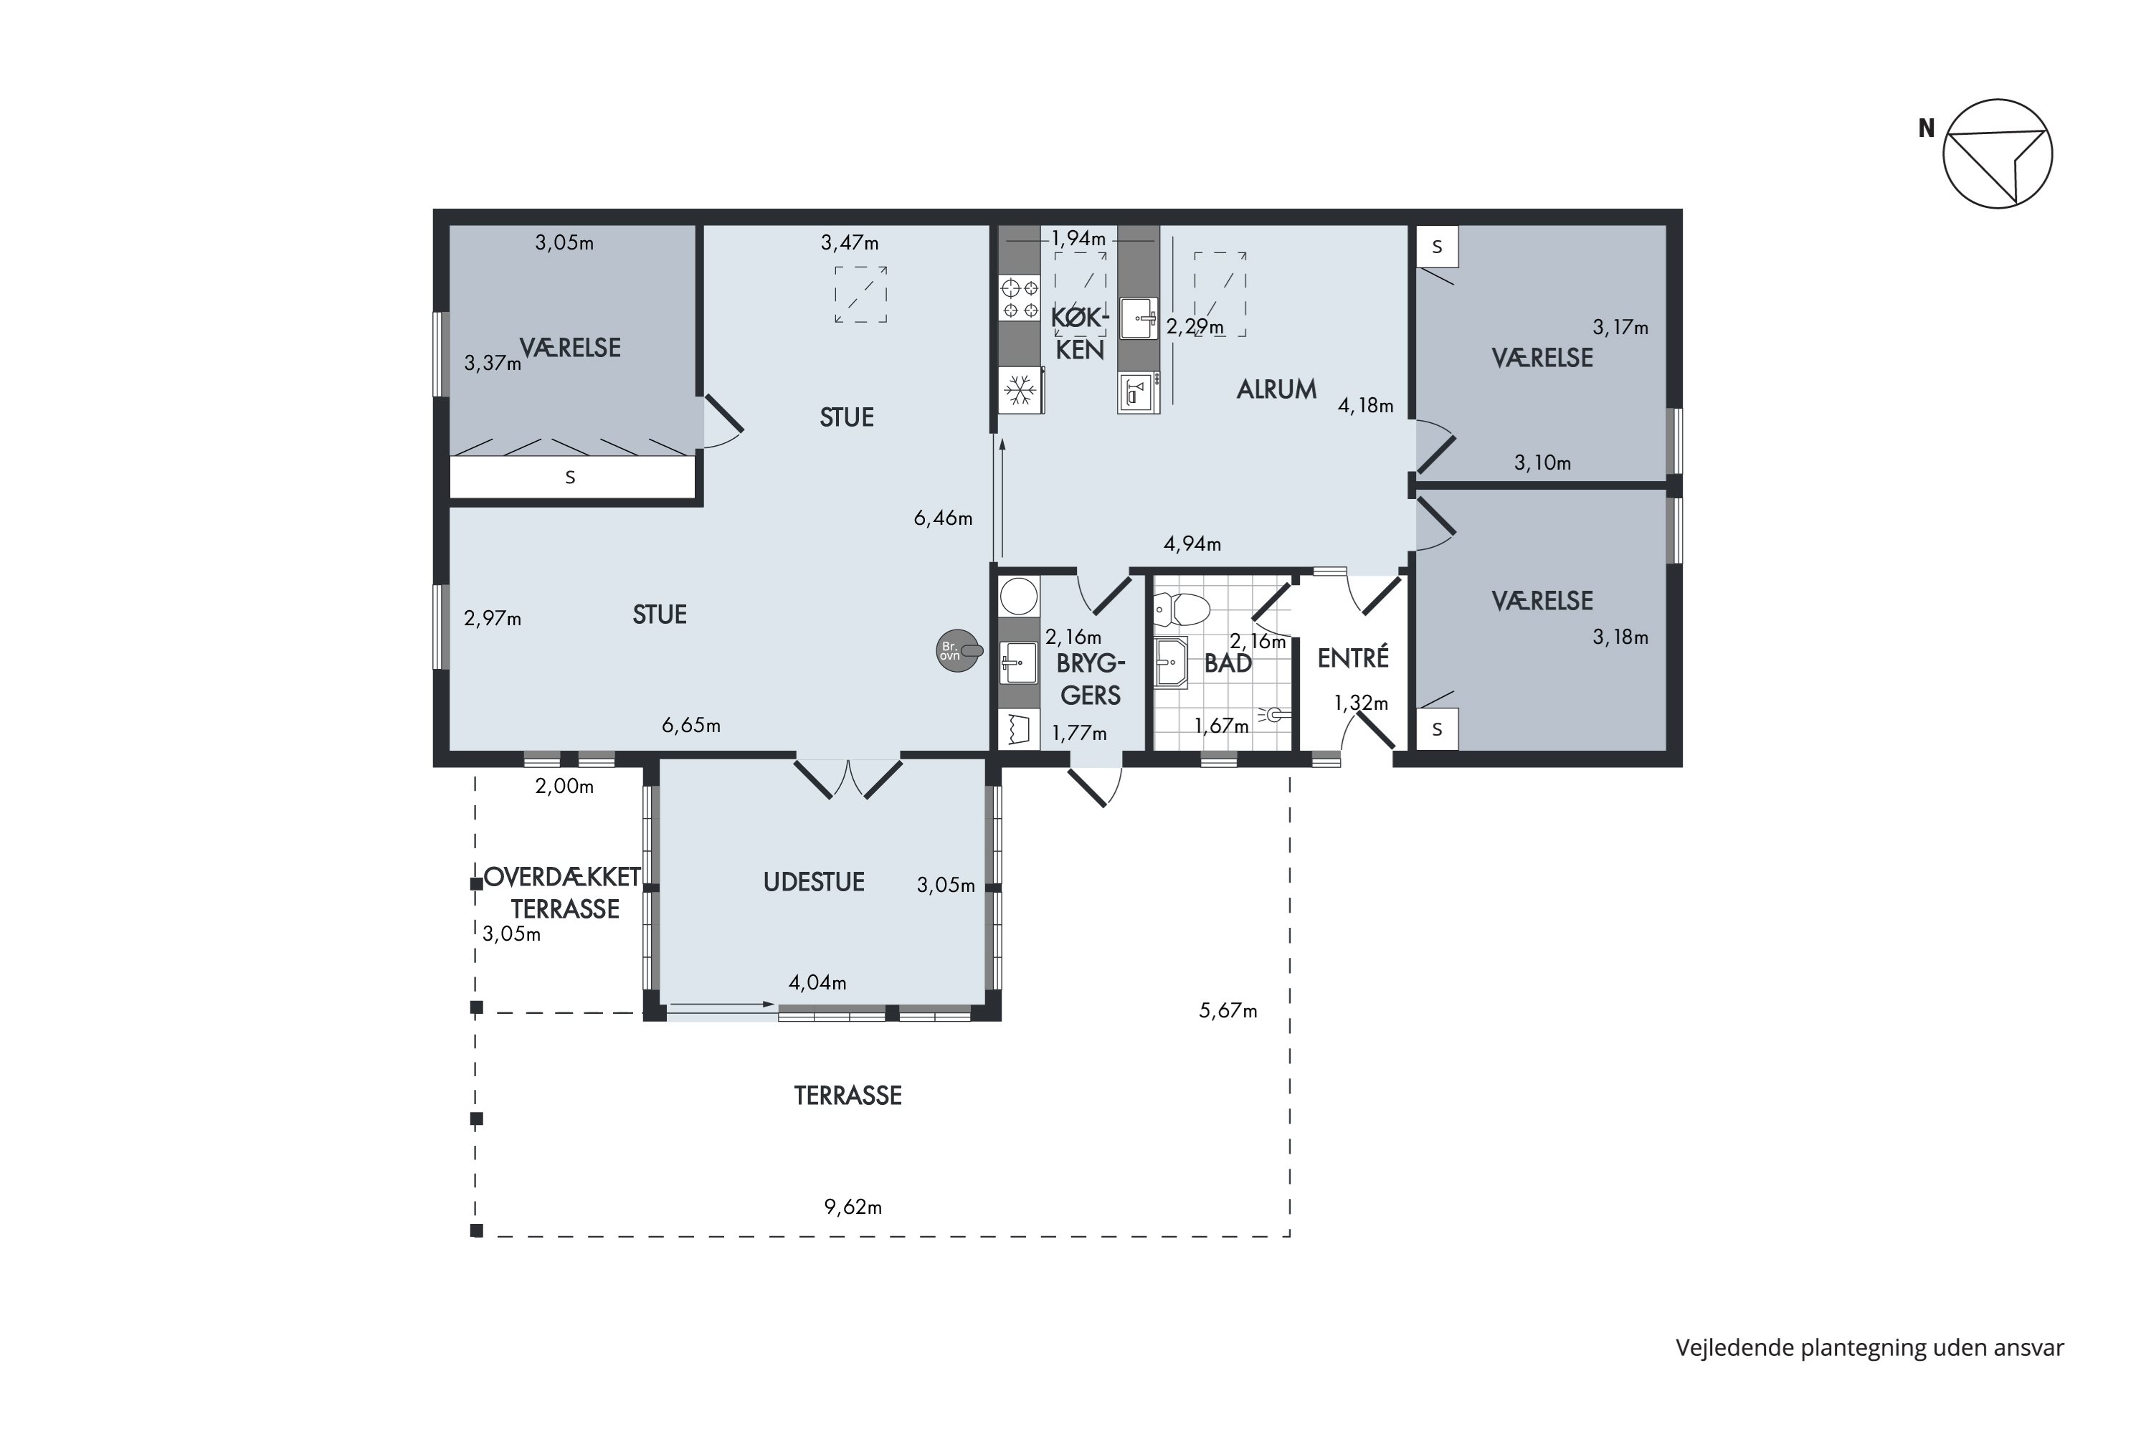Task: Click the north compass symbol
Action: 1998,153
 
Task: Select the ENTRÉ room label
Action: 1352,657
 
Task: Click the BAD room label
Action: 1228,664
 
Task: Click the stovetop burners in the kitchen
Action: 1020,299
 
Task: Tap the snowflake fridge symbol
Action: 1020,391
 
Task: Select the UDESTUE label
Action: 814,882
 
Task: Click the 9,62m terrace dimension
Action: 853,1207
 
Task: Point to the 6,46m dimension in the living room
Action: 943,518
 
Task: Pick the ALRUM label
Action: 1277,389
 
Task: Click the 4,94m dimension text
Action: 1192,544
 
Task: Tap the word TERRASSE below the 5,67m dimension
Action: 847,1096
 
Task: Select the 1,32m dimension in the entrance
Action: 1361,703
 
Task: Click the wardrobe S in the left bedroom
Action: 571,478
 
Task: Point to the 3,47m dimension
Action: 850,243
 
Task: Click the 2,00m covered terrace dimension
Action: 564,787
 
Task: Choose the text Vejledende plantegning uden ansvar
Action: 1870,1347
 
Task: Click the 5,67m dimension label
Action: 1228,1010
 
